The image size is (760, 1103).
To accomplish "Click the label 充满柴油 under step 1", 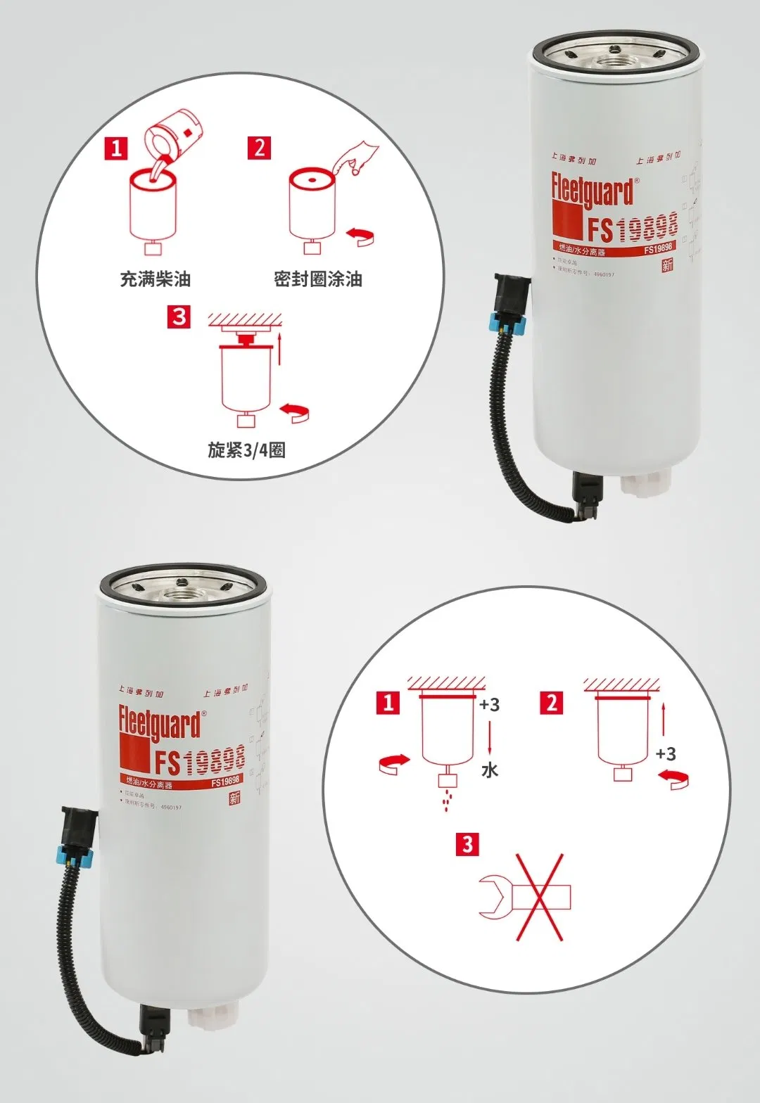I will point(155,279).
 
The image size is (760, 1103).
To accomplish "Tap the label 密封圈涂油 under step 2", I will point(318,279).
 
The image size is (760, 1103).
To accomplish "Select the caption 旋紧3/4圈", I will point(246,450).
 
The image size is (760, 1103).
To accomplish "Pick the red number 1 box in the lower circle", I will point(388,703).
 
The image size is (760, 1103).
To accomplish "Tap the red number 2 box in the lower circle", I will point(552,703).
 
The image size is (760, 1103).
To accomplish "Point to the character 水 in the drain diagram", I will point(490,770).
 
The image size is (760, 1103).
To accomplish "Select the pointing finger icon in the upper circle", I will point(357,158).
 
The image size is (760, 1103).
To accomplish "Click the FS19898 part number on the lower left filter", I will point(199,760).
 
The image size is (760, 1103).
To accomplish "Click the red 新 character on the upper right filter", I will point(667,264).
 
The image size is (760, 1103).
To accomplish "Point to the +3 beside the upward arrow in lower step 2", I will point(665,754).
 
